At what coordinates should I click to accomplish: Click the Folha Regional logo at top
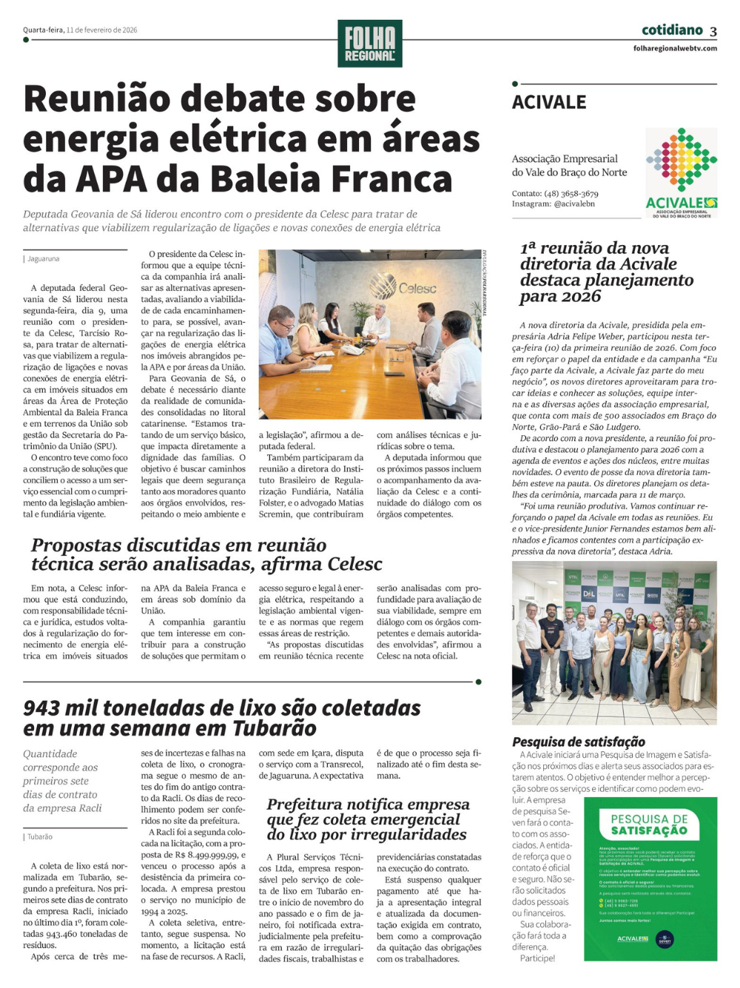(369, 43)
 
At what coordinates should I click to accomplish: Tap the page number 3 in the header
(713, 31)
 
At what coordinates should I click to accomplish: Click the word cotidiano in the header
(672, 30)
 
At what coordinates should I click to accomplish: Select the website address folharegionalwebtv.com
(675, 48)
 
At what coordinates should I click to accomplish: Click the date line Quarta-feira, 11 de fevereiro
(80, 30)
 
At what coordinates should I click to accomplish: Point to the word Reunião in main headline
(104, 98)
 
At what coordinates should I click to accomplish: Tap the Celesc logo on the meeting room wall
(403, 287)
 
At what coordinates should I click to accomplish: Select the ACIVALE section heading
(549, 102)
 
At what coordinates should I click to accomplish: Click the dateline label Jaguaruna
(44, 259)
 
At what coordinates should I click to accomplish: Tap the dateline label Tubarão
(40, 837)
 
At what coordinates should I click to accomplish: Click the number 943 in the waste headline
(49, 708)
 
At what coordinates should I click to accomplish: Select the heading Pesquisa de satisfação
(579, 742)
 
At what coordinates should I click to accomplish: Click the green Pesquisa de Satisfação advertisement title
(649, 824)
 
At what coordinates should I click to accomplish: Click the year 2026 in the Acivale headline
(581, 297)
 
